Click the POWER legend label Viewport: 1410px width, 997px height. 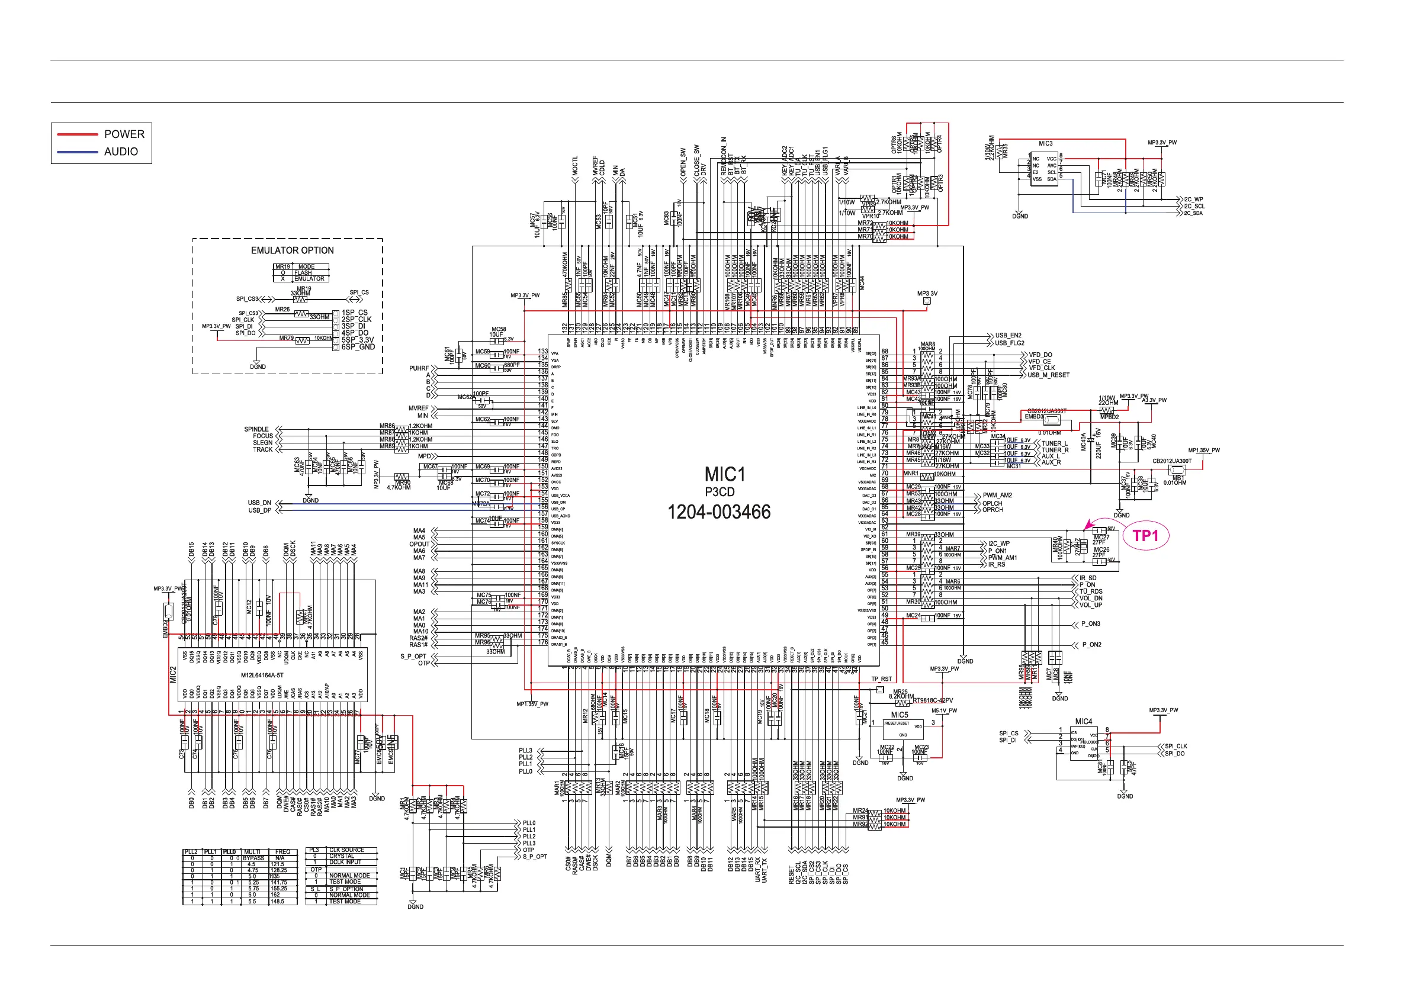[124, 134]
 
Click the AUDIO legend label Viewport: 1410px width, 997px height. [121, 152]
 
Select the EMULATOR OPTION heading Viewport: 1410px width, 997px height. [293, 250]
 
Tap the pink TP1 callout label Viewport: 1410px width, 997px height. [1145, 536]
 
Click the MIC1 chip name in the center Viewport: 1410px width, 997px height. [725, 475]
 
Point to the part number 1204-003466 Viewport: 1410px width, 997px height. [718, 512]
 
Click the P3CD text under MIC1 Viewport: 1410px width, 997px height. [719, 493]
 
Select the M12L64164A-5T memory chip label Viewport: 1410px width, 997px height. [262, 676]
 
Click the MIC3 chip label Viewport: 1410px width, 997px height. [1045, 144]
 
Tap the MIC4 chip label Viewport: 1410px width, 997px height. [1083, 721]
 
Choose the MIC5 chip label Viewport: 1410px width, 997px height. [899, 715]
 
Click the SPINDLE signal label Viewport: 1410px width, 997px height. [256, 429]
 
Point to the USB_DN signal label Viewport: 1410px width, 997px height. [259, 503]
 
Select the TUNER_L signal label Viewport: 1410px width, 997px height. [1055, 443]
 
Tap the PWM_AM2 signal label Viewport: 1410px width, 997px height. [997, 496]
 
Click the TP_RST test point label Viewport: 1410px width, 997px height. [881, 679]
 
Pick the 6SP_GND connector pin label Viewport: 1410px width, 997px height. [358, 348]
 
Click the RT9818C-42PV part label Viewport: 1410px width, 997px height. [933, 700]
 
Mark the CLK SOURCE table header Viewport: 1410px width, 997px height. [346, 850]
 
